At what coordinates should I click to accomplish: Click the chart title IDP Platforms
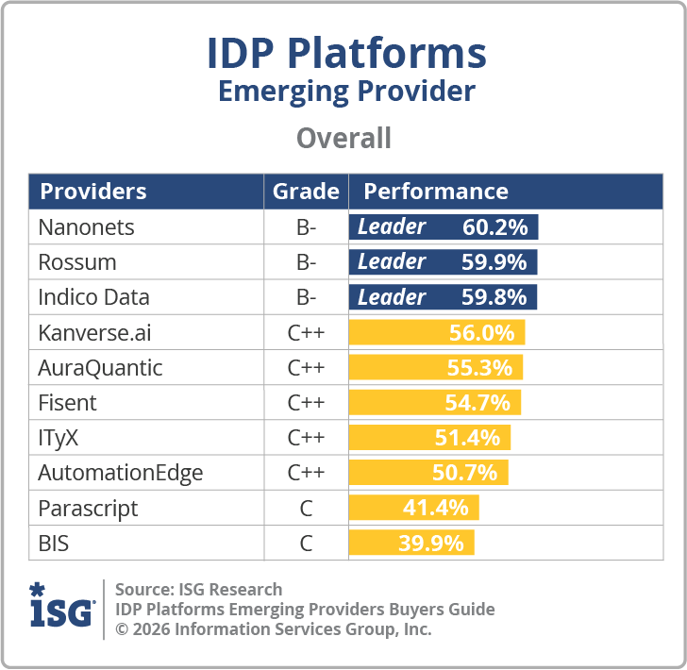(x=346, y=54)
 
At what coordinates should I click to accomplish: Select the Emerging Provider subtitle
(x=346, y=92)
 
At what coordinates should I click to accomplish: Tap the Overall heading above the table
(x=343, y=139)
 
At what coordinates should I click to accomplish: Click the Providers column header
(x=93, y=192)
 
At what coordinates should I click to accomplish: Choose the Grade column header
(x=306, y=192)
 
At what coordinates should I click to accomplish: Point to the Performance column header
(x=436, y=192)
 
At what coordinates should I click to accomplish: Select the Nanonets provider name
(x=86, y=227)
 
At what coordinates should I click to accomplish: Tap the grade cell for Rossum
(x=306, y=262)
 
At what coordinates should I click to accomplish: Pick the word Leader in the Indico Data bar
(x=392, y=297)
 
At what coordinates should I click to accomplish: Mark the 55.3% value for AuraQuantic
(x=478, y=368)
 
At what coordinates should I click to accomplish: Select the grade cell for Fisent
(x=306, y=403)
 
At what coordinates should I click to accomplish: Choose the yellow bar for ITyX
(x=429, y=438)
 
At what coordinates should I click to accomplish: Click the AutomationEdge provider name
(x=120, y=473)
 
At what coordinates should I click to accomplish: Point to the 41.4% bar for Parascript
(x=414, y=508)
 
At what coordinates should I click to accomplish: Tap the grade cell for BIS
(x=306, y=544)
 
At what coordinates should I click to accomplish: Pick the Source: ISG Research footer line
(x=198, y=590)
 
